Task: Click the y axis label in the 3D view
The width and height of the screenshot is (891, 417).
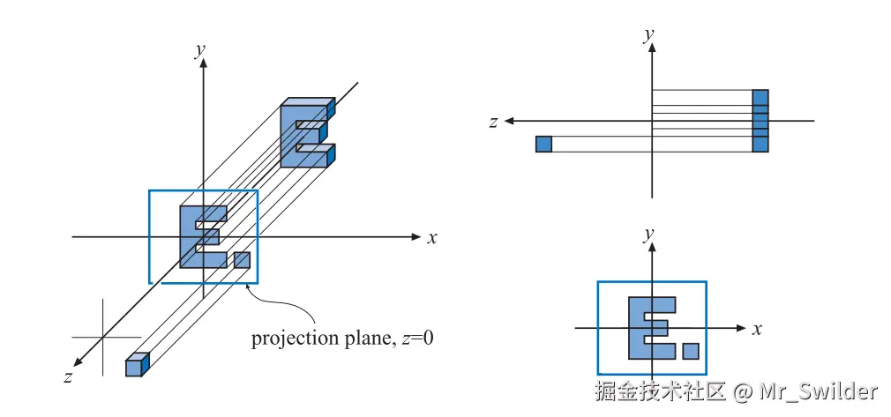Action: pos(200,49)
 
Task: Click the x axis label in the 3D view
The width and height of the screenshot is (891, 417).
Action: pos(432,237)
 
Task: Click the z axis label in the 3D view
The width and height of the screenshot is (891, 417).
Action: pos(67,376)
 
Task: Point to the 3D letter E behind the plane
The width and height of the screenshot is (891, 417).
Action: pos(304,133)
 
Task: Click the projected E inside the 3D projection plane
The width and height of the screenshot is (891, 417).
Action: pos(200,236)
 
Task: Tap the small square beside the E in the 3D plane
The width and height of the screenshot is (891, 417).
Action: pos(242,260)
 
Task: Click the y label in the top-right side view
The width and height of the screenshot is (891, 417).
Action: pos(648,35)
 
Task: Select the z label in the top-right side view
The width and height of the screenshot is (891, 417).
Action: pos(494,122)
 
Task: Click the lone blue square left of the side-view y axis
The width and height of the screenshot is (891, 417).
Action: pos(543,144)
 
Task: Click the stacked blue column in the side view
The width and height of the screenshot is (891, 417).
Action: pos(760,121)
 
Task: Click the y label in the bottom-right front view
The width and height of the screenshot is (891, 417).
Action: pos(648,234)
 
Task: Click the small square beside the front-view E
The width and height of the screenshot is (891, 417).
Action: pos(691,351)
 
